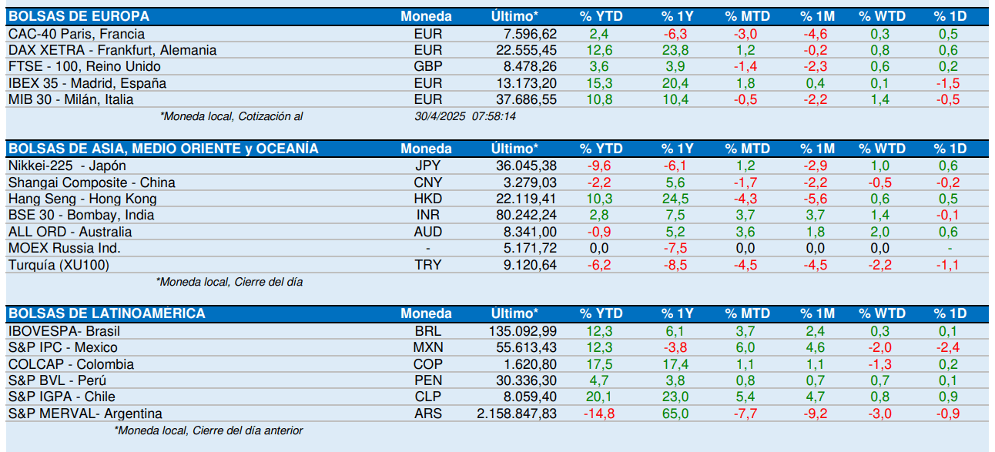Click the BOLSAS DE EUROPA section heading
tap(79, 16)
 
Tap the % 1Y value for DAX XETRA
tap(675, 50)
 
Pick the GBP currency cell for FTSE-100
tap(427, 66)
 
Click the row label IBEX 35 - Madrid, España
tap(87, 83)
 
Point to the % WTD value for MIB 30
tap(879, 99)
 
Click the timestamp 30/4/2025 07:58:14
tap(465, 116)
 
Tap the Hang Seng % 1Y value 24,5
tap(675, 199)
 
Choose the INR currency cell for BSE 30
tap(427, 215)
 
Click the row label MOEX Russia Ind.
tap(65, 248)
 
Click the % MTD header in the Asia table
tap(747, 149)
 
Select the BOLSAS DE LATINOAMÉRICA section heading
tap(106, 313)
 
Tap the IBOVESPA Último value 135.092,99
tap(523, 331)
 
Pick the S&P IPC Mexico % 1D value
tap(948, 347)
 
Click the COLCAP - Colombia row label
tap(71, 364)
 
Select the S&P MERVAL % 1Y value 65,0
tap(675, 413)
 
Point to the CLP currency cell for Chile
tap(427, 397)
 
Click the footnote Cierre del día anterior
tap(248, 430)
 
